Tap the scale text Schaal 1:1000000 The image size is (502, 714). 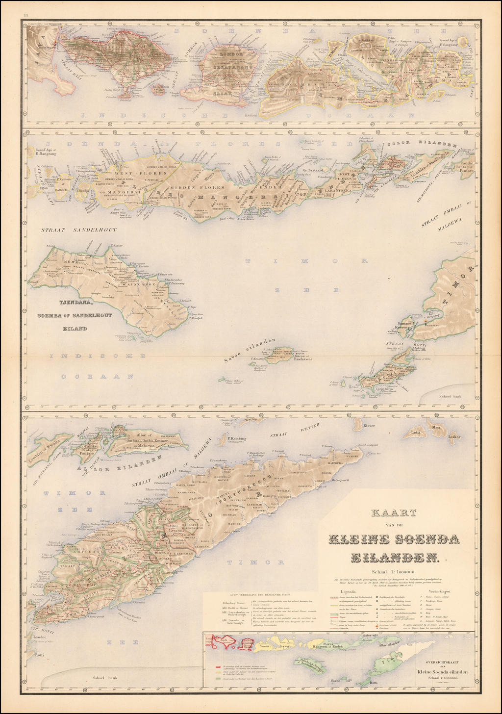(394, 571)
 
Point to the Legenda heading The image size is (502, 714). (342, 591)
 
